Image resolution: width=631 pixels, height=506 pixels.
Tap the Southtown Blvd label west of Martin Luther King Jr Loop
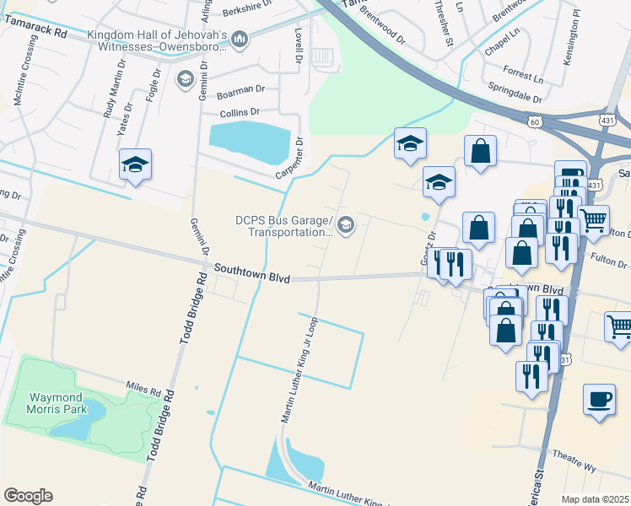[x=251, y=272]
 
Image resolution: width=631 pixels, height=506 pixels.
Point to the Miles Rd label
[x=143, y=389]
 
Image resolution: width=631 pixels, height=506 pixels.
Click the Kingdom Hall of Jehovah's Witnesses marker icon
[x=240, y=39]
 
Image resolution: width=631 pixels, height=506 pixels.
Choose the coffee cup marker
[x=599, y=400]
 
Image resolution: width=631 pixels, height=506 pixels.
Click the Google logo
[x=28, y=496]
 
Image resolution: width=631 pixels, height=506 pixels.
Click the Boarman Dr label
[x=240, y=89]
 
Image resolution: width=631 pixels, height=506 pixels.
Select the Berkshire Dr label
[x=249, y=12]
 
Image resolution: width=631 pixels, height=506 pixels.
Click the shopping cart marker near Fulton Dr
[x=594, y=220]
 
